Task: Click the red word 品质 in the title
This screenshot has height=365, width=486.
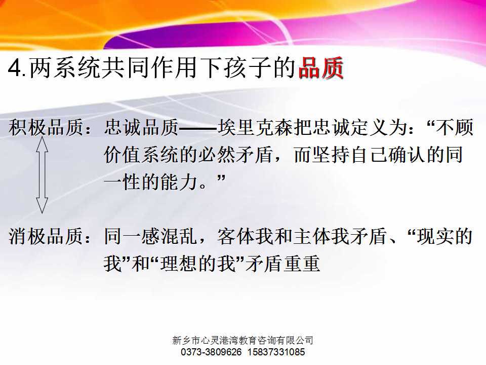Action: point(321,67)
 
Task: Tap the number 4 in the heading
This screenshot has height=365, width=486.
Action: point(15,68)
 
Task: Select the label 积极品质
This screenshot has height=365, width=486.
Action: point(46,128)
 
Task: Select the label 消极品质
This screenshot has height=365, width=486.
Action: point(46,236)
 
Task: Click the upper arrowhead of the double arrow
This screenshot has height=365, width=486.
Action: point(42,144)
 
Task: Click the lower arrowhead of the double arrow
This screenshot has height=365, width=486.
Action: point(42,205)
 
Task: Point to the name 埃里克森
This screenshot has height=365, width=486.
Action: point(255,128)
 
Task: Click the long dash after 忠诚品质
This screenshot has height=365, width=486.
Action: point(198,128)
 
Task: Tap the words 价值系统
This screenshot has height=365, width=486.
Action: point(141,155)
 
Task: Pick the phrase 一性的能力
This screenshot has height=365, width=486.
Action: point(151,182)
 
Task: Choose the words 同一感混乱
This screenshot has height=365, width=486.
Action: point(151,236)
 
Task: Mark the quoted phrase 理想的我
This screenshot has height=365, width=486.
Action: point(197,264)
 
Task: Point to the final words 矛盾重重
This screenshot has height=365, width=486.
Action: point(282,264)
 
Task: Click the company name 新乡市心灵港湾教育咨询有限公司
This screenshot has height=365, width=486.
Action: point(242,341)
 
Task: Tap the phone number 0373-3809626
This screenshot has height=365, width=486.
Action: point(211,352)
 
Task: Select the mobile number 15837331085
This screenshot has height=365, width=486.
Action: point(276,352)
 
